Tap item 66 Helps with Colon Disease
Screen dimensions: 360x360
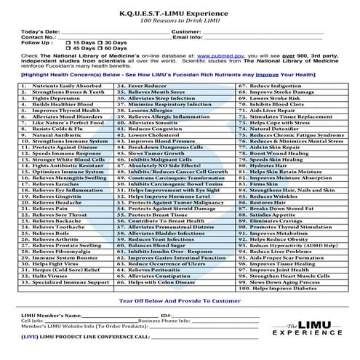point(161,282)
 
